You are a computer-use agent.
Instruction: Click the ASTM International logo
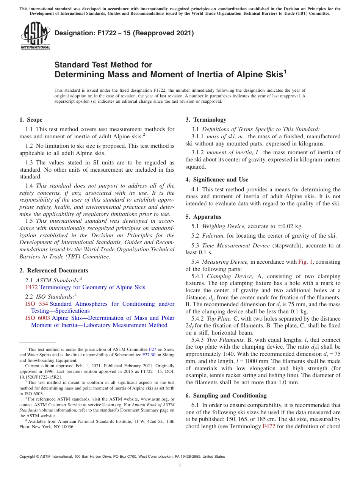[x=35, y=36]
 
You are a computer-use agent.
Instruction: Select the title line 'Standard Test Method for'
[x=103, y=65]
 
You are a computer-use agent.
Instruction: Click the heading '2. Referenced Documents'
[x=53, y=271]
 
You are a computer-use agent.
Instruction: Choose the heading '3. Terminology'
[x=206, y=120]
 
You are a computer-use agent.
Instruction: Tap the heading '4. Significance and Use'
[x=217, y=180]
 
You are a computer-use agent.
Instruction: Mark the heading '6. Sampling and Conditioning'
[x=226, y=396]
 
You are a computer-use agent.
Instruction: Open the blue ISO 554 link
[x=36, y=304]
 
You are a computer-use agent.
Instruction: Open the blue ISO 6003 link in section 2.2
[x=38, y=318]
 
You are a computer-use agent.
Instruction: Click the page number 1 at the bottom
[x=180, y=466]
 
